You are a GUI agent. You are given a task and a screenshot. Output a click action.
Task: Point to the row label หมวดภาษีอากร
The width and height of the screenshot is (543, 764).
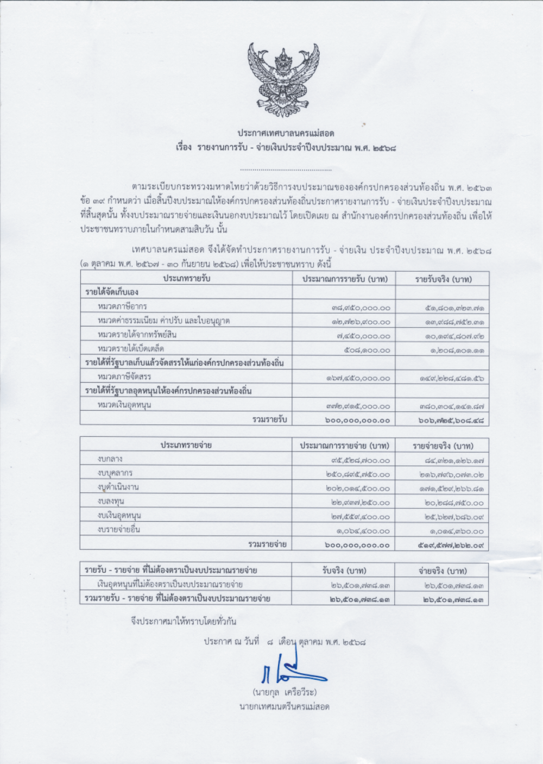click(x=122, y=307)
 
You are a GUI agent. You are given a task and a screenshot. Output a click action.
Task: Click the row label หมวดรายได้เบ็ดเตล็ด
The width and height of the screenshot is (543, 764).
click(x=131, y=349)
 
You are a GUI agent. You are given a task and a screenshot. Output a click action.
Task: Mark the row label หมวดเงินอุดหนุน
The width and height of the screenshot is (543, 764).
click(x=124, y=405)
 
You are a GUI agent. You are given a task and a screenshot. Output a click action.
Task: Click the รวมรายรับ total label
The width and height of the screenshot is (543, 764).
click(x=270, y=419)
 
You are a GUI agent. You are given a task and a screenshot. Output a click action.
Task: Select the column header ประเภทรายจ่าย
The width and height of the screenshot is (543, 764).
click(x=186, y=446)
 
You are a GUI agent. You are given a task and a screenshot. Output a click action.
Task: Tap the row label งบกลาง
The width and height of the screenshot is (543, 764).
click(x=110, y=460)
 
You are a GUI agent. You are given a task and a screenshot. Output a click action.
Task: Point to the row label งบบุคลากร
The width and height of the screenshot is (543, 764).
click(x=115, y=474)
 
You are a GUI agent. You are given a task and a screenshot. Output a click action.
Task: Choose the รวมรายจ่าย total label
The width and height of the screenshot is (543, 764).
click(x=267, y=543)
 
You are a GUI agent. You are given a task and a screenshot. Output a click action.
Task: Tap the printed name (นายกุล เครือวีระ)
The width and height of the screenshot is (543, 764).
click(x=284, y=693)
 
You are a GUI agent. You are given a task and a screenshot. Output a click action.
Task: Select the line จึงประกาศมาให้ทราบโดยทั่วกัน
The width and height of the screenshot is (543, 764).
click(x=184, y=620)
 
